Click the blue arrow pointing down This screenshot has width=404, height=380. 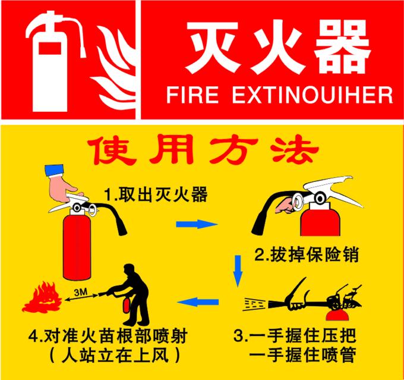(x=238, y=271)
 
